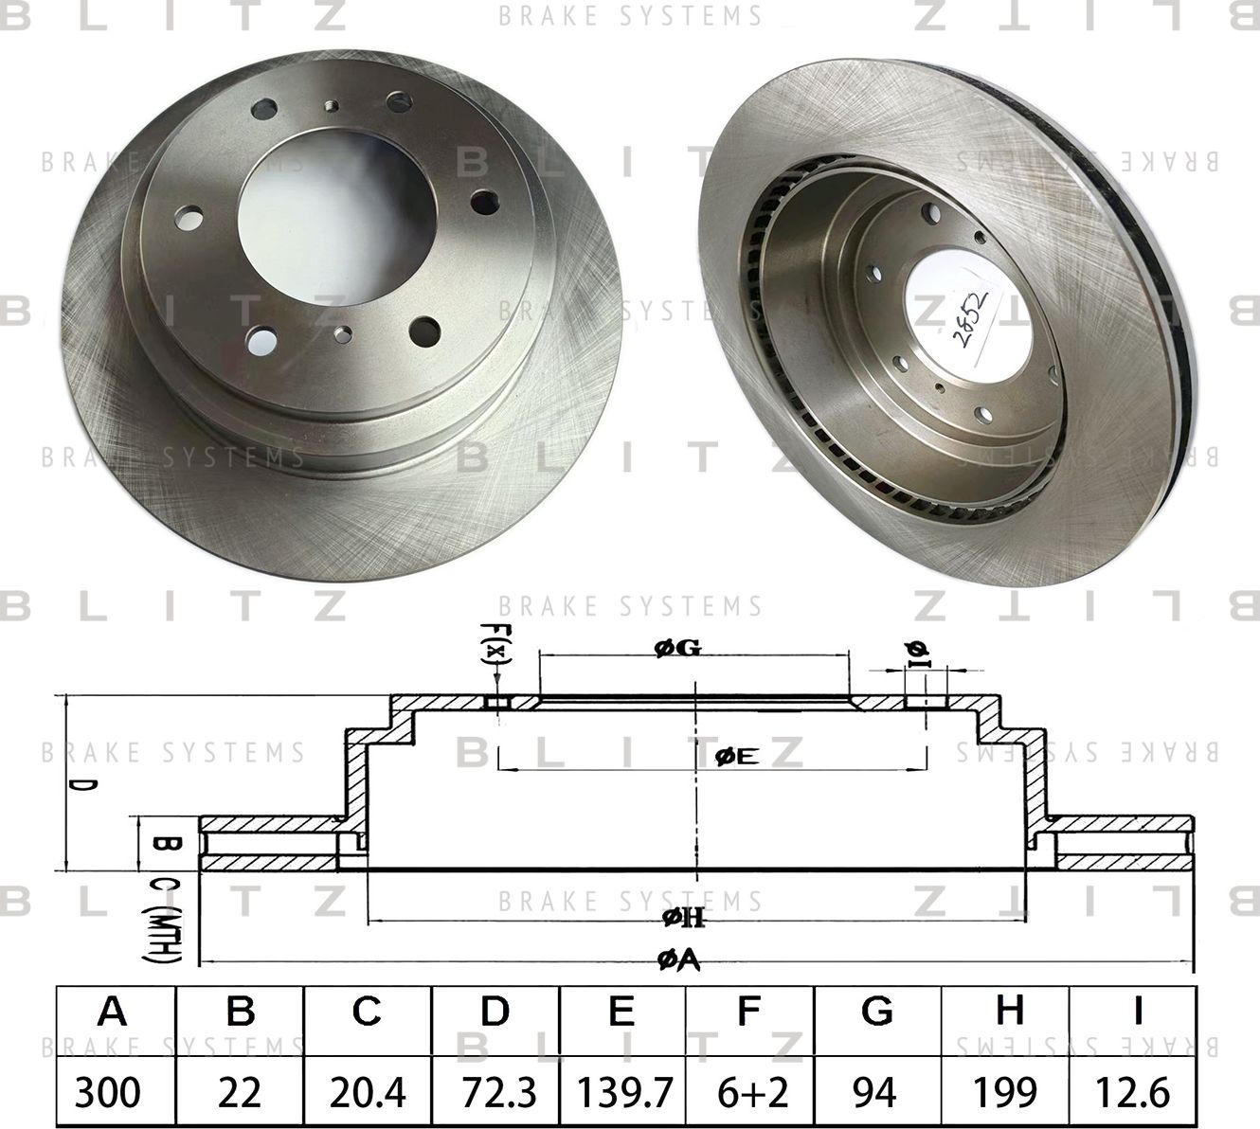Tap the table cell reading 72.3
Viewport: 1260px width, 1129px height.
click(x=495, y=1093)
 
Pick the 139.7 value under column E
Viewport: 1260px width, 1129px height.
click(x=621, y=1093)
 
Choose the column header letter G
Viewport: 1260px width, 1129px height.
click(x=876, y=1013)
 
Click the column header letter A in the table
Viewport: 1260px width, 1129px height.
click(x=113, y=1013)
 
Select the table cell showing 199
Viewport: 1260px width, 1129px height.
click(x=1005, y=1093)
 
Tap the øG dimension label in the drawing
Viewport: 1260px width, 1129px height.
click(x=676, y=649)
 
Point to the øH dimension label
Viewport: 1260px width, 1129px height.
click(x=685, y=916)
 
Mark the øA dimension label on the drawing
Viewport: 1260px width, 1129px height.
click(x=678, y=960)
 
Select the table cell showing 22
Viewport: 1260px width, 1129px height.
click(x=239, y=1093)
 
